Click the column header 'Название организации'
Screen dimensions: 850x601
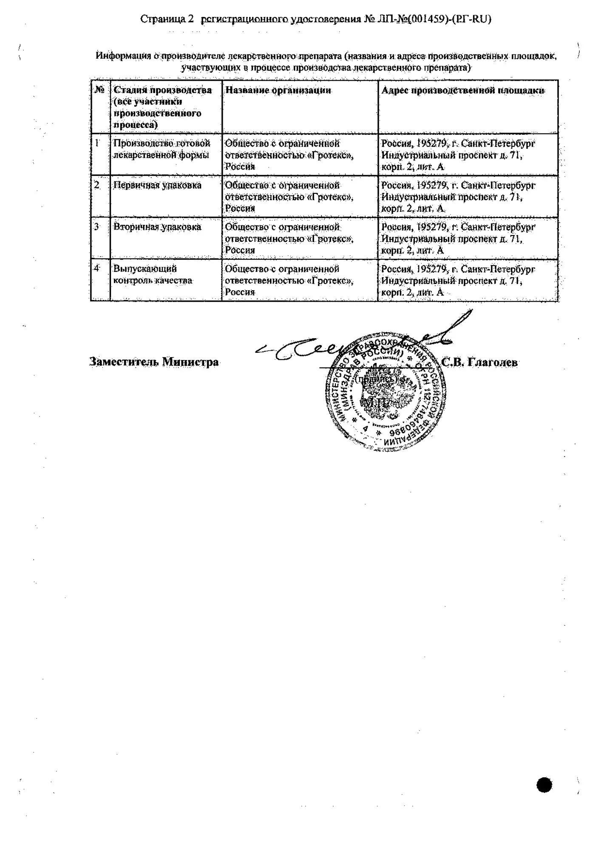pyautogui.click(x=278, y=90)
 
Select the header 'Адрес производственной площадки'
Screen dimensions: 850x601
pyautogui.click(x=463, y=90)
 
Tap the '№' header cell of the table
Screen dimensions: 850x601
pyautogui.click(x=100, y=90)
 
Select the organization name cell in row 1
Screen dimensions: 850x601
pyautogui.click(x=289, y=155)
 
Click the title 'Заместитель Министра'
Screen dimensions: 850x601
pyautogui.click(x=154, y=362)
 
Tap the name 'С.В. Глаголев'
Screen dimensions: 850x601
pyautogui.click(x=479, y=362)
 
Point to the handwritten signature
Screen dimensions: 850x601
pyautogui.click(x=361, y=340)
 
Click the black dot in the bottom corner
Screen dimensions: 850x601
pyautogui.click(x=544, y=785)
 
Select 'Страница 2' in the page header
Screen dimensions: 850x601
pyautogui.click(x=167, y=19)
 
